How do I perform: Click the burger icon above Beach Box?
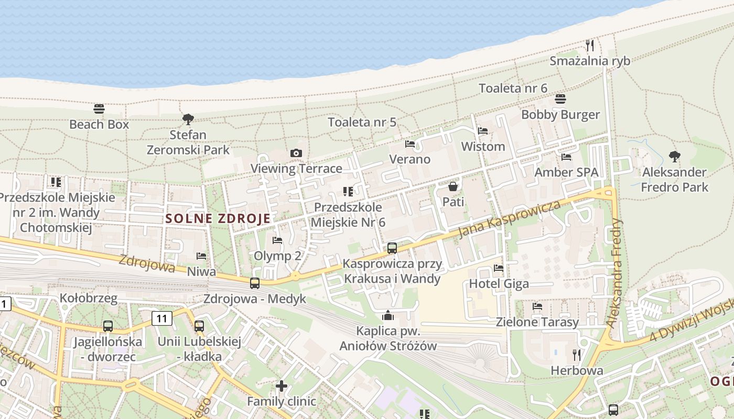click(x=99, y=109)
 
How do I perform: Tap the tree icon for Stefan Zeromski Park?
click(x=188, y=119)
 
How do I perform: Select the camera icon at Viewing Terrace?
click(x=296, y=153)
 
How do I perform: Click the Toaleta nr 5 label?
click(x=362, y=123)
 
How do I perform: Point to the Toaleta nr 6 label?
click(x=513, y=88)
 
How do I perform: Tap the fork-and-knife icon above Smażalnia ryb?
click(x=590, y=45)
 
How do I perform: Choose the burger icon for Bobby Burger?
click(x=560, y=99)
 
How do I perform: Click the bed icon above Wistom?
click(x=483, y=131)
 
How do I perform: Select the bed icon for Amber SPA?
click(x=566, y=157)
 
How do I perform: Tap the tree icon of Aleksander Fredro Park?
click(x=675, y=156)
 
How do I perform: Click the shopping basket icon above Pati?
click(x=453, y=186)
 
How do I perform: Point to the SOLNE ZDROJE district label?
click(x=218, y=219)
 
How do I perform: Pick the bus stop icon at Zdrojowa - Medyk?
click(x=255, y=283)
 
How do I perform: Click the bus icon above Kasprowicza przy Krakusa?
click(x=392, y=248)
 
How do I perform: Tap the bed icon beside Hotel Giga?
click(x=499, y=268)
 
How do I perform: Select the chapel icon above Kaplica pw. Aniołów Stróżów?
click(x=388, y=315)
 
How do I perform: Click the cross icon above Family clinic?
click(x=282, y=386)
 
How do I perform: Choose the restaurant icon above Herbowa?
click(x=577, y=355)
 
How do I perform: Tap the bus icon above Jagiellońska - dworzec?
click(x=107, y=326)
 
